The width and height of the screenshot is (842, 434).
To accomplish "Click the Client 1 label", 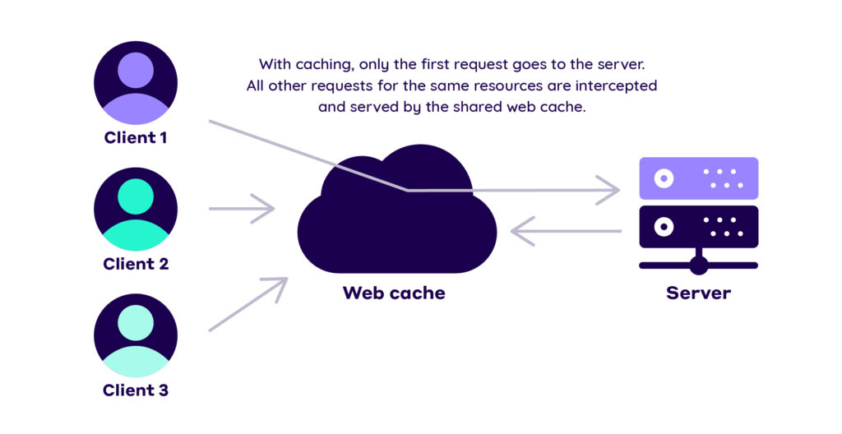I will pos(136,137).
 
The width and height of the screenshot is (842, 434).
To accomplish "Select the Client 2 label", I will pos(136,264).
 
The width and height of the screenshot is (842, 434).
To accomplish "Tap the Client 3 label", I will pos(136,390).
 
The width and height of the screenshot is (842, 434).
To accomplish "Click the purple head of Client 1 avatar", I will pos(136,71).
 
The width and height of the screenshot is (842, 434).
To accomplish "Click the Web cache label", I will pos(394,293).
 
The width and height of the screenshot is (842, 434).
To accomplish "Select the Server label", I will pos(698,293).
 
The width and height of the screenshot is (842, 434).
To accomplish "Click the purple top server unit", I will pos(698,178).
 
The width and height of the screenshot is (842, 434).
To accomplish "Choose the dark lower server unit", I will pos(698,226).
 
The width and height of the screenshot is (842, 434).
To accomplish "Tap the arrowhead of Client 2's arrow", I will pos(268,209).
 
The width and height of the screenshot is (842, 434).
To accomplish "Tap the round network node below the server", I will pos(698,265).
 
